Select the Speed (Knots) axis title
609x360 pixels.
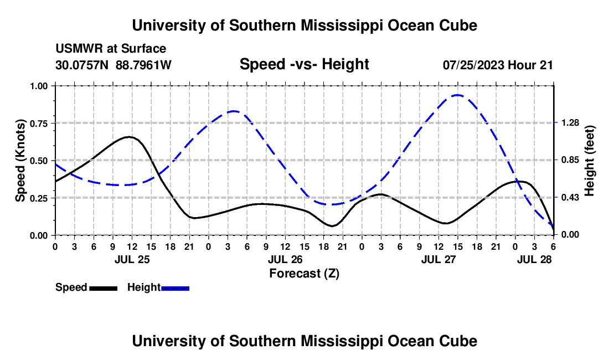[20, 161]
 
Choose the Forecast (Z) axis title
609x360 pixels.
[304, 273]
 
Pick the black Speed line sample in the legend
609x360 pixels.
[103, 288]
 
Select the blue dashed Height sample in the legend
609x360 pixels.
[176, 288]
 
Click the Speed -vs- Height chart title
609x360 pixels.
[304, 64]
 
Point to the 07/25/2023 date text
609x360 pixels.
[473, 65]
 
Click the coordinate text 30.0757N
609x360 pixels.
[83, 65]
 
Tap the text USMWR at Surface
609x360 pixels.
[111, 49]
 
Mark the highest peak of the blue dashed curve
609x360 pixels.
[457, 95]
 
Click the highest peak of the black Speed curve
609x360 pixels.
[129, 136]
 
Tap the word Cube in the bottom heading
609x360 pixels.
[457, 341]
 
